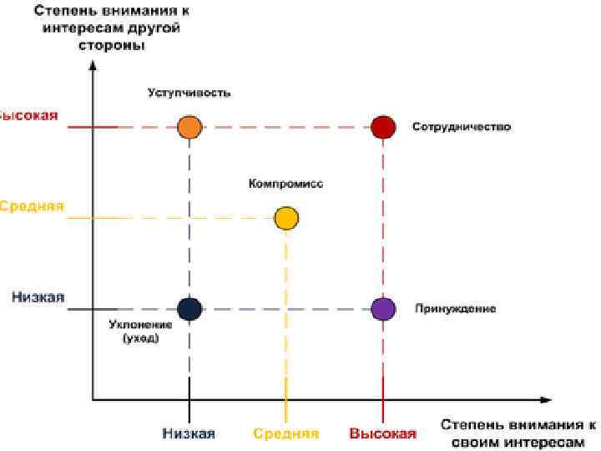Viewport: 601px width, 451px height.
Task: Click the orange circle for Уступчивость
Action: point(189,127)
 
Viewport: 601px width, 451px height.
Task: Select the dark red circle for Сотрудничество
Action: point(382,127)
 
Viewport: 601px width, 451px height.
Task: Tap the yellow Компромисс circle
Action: point(286,219)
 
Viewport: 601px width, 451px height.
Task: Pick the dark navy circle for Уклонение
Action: point(189,309)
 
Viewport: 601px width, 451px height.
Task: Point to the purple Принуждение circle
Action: point(382,309)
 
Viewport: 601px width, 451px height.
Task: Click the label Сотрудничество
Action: point(461,128)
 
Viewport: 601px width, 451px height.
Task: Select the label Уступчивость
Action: point(189,93)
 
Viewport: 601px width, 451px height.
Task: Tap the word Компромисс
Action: point(285,184)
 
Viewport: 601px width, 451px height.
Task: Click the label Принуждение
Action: point(456,309)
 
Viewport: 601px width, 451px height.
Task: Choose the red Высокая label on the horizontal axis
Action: point(382,433)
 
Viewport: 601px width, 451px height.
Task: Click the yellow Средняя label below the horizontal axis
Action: point(285,433)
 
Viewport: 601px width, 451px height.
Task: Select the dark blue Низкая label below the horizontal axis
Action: point(189,433)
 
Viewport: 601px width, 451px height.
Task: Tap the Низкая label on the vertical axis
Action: point(39,297)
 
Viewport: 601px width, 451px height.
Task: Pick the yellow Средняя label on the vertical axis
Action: point(32,206)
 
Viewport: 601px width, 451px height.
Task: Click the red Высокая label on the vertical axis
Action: point(29,115)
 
